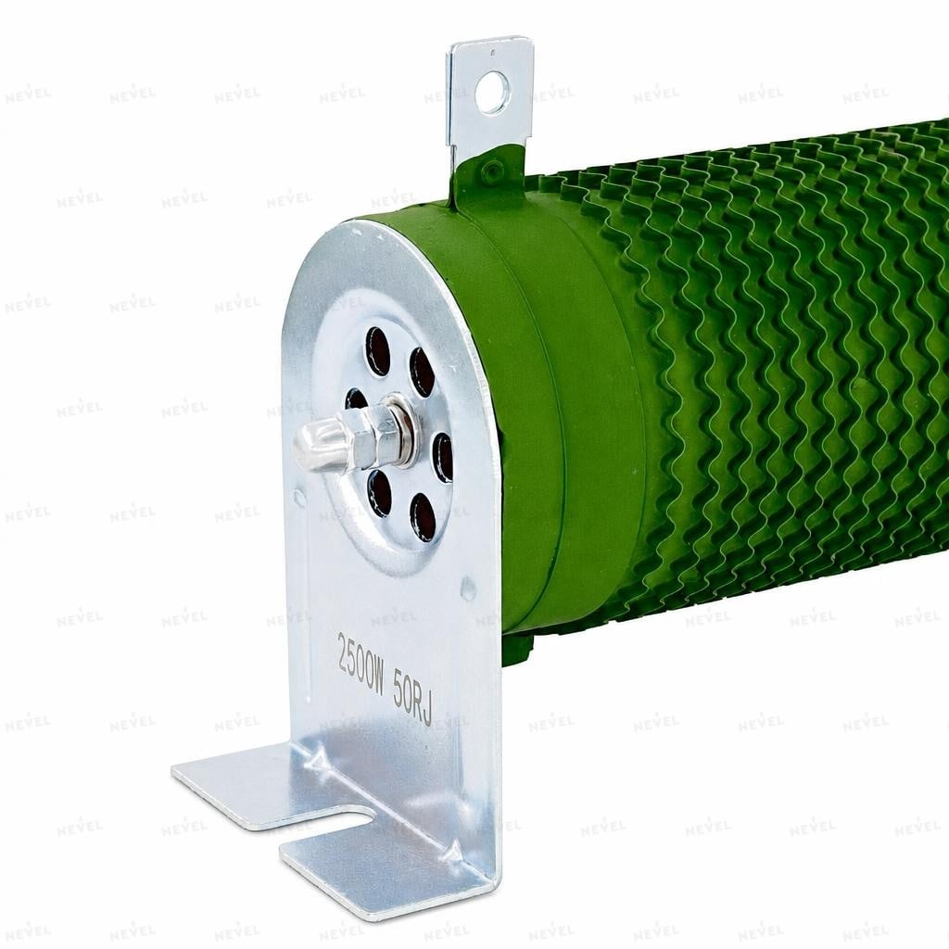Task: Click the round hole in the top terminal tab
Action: (492, 92)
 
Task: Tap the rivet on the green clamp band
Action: (491, 171)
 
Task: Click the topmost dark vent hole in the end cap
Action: (379, 350)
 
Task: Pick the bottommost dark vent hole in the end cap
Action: (423, 516)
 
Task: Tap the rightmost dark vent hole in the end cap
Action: (443, 458)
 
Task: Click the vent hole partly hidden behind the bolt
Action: (355, 399)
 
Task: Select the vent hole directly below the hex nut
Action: (380, 493)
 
